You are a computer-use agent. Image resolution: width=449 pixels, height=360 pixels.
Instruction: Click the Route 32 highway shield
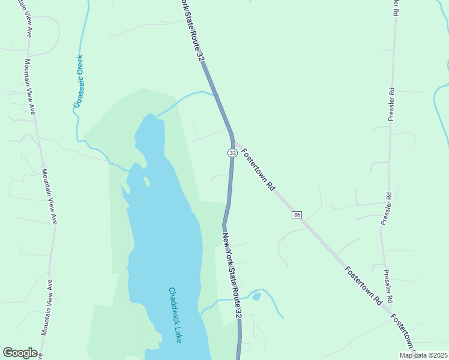(x=232, y=153)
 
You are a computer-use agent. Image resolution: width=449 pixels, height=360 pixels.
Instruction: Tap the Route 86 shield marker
(x=297, y=215)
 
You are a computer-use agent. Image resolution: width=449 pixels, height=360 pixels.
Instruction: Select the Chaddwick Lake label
(x=175, y=315)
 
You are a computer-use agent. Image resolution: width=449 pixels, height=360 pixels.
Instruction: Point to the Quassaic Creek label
(x=79, y=81)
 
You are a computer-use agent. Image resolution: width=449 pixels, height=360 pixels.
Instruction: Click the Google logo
(x=20, y=353)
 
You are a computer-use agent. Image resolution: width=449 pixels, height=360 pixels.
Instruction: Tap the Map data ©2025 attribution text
(x=423, y=355)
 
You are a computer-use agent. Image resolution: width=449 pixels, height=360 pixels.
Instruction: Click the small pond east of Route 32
(x=256, y=296)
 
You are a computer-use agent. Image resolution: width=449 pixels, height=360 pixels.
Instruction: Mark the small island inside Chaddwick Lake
(x=146, y=180)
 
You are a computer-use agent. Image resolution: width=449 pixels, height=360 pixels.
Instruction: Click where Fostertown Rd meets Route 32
(x=234, y=143)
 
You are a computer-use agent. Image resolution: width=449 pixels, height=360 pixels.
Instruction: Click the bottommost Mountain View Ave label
(x=46, y=307)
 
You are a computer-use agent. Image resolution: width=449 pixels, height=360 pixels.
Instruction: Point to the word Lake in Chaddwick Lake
(x=178, y=333)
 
